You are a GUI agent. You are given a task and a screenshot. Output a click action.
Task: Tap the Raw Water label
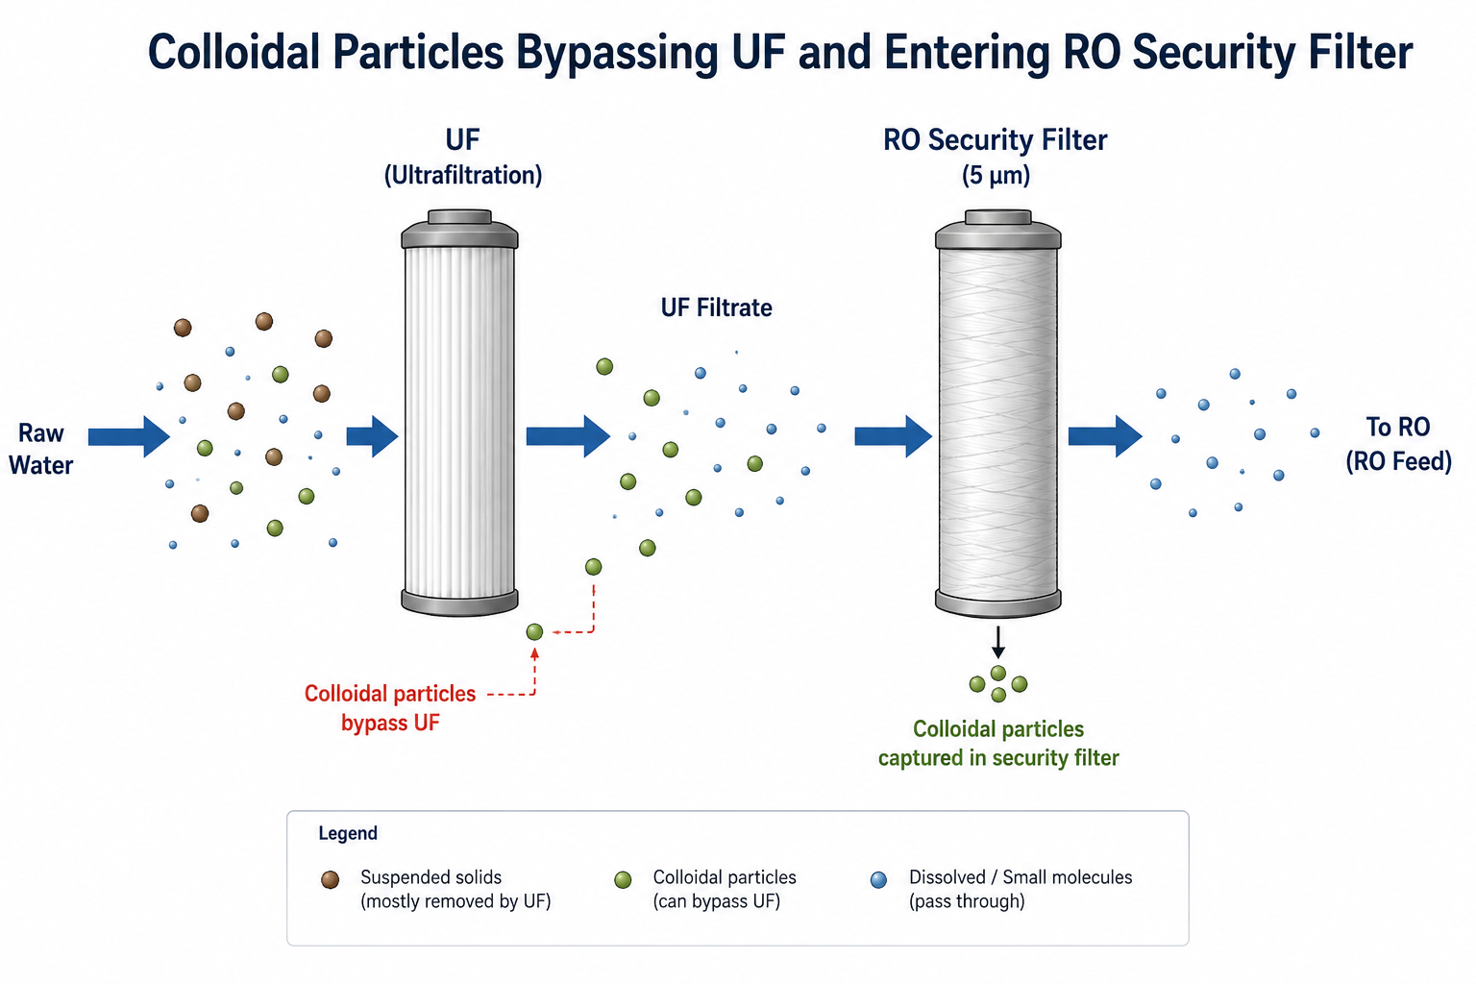coord(41,449)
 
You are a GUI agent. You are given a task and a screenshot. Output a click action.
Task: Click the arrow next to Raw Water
coord(129,436)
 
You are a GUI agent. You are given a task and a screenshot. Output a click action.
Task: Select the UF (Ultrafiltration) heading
coord(462,158)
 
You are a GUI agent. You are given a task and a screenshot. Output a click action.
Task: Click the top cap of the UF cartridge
coord(459,228)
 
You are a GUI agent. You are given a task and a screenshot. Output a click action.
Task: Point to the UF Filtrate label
coord(716,307)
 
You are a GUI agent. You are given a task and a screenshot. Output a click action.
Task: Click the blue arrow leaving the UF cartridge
coord(568,436)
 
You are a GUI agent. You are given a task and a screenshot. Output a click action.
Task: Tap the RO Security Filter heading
coord(995,140)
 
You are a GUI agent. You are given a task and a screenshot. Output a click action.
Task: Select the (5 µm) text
coord(996,176)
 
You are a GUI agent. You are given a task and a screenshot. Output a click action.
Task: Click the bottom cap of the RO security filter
coord(998,603)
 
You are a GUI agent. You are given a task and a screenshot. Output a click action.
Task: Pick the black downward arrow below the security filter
coord(998,643)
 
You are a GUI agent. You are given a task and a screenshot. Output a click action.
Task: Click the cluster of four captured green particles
coord(998,684)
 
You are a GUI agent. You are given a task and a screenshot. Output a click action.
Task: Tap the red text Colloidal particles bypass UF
coord(390,708)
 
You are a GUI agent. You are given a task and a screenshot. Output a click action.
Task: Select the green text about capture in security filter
coord(998,744)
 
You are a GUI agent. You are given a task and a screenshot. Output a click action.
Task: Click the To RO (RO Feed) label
coord(1398,444)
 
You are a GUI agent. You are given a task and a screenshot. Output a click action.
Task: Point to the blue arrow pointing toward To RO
coord(1105,436)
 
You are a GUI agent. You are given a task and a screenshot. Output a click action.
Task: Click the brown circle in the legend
coord(331,880)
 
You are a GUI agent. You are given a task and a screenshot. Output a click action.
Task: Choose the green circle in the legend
coord(623,880)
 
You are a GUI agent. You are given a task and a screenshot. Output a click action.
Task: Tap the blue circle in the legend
coord(878,880)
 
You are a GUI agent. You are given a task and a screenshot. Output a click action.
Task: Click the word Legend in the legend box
coord(348,834)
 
